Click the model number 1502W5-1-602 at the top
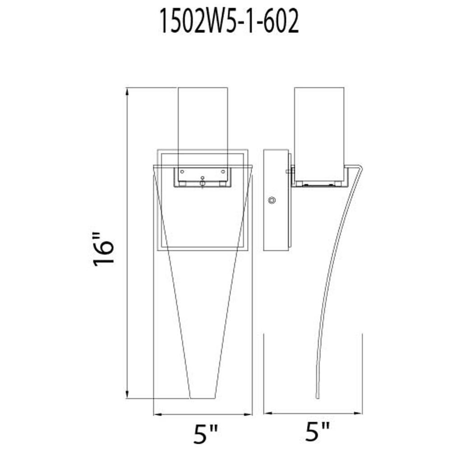[x=229, y=21]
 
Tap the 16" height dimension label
[x=104, y=249]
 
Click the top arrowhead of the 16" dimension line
[x=127, y=92]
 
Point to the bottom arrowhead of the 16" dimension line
[x=127, y=394]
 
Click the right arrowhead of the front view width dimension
[x=248, y=414]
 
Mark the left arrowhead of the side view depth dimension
[x=268, y=413]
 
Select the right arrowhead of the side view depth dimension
[x=358, y=413]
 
